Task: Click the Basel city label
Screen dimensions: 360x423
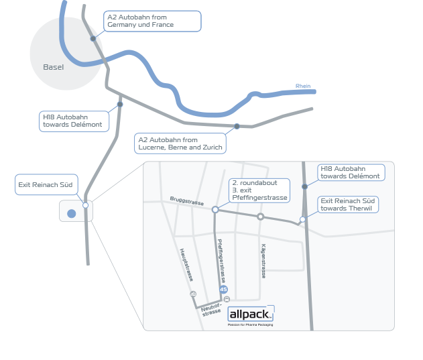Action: click(53, 67)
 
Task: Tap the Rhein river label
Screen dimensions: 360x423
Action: click(303, 86)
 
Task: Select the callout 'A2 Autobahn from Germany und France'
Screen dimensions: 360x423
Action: click(152, 21)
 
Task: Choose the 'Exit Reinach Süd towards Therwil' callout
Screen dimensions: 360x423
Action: click(347, 204)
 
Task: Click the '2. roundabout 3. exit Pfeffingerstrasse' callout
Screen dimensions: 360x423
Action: click(259, 190)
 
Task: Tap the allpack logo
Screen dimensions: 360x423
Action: click(251, 314)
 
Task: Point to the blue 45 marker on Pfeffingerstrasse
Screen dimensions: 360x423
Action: click(223, 289)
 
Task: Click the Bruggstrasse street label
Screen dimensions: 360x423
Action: click(186, 200)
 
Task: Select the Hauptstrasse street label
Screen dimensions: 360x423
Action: click(187, 264)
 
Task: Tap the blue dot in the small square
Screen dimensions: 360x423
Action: click(71, 214)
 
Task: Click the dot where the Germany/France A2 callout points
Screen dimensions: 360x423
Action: click(93, 39)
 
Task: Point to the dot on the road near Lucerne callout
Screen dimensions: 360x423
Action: click(237, 126)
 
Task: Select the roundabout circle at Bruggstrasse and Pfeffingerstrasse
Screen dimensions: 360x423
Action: click(215, 210)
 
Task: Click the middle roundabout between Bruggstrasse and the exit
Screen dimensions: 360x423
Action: click(260, 217)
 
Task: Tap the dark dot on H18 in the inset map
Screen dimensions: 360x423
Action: click(305, 186)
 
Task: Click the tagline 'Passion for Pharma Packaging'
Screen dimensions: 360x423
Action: click(250, 324)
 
